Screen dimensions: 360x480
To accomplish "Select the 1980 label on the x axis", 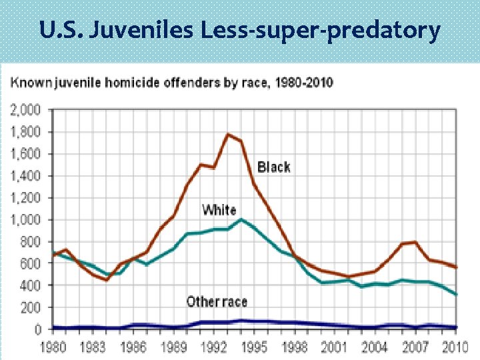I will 53,347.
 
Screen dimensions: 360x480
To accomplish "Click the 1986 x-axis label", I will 133,347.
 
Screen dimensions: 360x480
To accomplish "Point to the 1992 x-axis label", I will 214,347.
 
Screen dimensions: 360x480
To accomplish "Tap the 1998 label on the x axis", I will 295,347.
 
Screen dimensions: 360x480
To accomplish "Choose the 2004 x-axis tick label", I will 375,347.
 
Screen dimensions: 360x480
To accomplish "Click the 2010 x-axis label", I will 455,347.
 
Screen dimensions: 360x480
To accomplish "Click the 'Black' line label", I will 273,167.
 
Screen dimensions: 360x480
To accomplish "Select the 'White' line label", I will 219,210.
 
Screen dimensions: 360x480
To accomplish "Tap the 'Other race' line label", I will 217,301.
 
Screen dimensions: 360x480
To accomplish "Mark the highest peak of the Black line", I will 228,134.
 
